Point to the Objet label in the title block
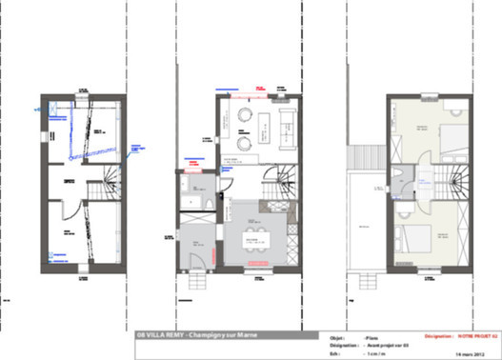pyautogui.click(x=337, y=336)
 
